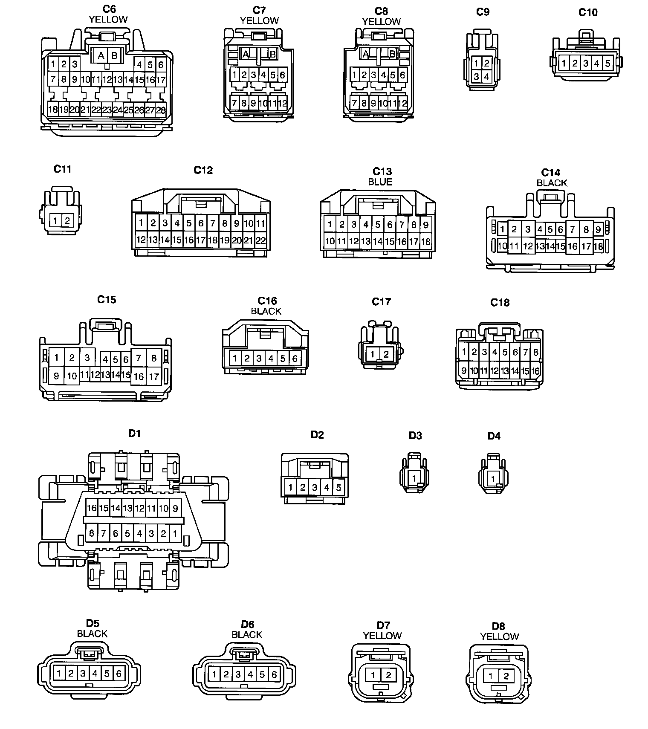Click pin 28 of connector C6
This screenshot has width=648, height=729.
161,110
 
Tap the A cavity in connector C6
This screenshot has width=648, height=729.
101,55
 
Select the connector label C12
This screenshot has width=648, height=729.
203,170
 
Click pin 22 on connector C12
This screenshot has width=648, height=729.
260,240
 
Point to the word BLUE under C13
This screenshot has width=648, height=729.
380,182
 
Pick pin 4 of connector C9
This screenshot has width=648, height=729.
487,77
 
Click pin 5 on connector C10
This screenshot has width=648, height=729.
607,64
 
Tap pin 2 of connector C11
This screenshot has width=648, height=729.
67,221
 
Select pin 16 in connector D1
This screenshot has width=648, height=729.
92,508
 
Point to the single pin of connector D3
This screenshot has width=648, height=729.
414,478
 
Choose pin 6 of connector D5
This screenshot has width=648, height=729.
119,674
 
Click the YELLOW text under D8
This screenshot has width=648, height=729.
499,636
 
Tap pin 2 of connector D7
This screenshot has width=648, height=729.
388,675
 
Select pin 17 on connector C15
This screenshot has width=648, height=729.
153,376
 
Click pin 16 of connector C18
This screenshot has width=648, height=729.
535,371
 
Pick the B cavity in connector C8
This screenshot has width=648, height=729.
393,54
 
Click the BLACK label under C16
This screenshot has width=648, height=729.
266,311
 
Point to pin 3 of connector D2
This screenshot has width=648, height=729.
315,487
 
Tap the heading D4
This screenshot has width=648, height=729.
494,436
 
